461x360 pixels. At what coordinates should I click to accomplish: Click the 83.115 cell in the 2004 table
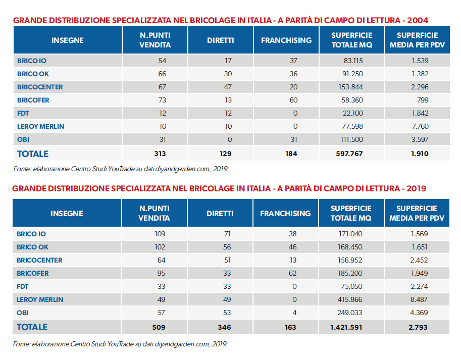coord(353,61)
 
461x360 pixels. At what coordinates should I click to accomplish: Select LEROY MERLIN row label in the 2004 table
coord(40,126)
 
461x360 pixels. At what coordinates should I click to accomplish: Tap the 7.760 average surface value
coord(420,126)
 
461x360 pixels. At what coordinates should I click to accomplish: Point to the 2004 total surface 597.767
coord(349,153)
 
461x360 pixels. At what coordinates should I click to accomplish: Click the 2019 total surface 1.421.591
coord(346,327)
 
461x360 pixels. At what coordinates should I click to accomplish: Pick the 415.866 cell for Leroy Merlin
coord(350,299)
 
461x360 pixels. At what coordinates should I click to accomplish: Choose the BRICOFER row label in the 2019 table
coord(33,273)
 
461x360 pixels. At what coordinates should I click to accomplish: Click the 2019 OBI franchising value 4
coord(294,313)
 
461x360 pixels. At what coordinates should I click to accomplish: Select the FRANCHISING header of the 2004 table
coord(286,40)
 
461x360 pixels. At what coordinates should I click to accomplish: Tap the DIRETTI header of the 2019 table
coord(220,214)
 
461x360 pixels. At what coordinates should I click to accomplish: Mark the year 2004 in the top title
coord(418,20)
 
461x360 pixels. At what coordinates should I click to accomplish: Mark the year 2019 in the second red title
coord(416,188)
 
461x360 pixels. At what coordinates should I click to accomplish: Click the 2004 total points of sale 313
coord(160,153)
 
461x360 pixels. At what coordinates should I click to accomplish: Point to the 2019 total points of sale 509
coord(159,327)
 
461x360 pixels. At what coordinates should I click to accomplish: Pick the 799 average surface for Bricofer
coord(423,100)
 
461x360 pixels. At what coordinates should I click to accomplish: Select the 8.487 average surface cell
coord(419,299)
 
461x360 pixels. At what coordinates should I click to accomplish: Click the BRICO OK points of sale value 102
coord(160,247)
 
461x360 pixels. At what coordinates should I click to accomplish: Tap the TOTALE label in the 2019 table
coord(32,327)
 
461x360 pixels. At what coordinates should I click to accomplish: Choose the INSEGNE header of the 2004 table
coord(68,40)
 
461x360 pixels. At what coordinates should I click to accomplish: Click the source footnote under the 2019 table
coord(120,344)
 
